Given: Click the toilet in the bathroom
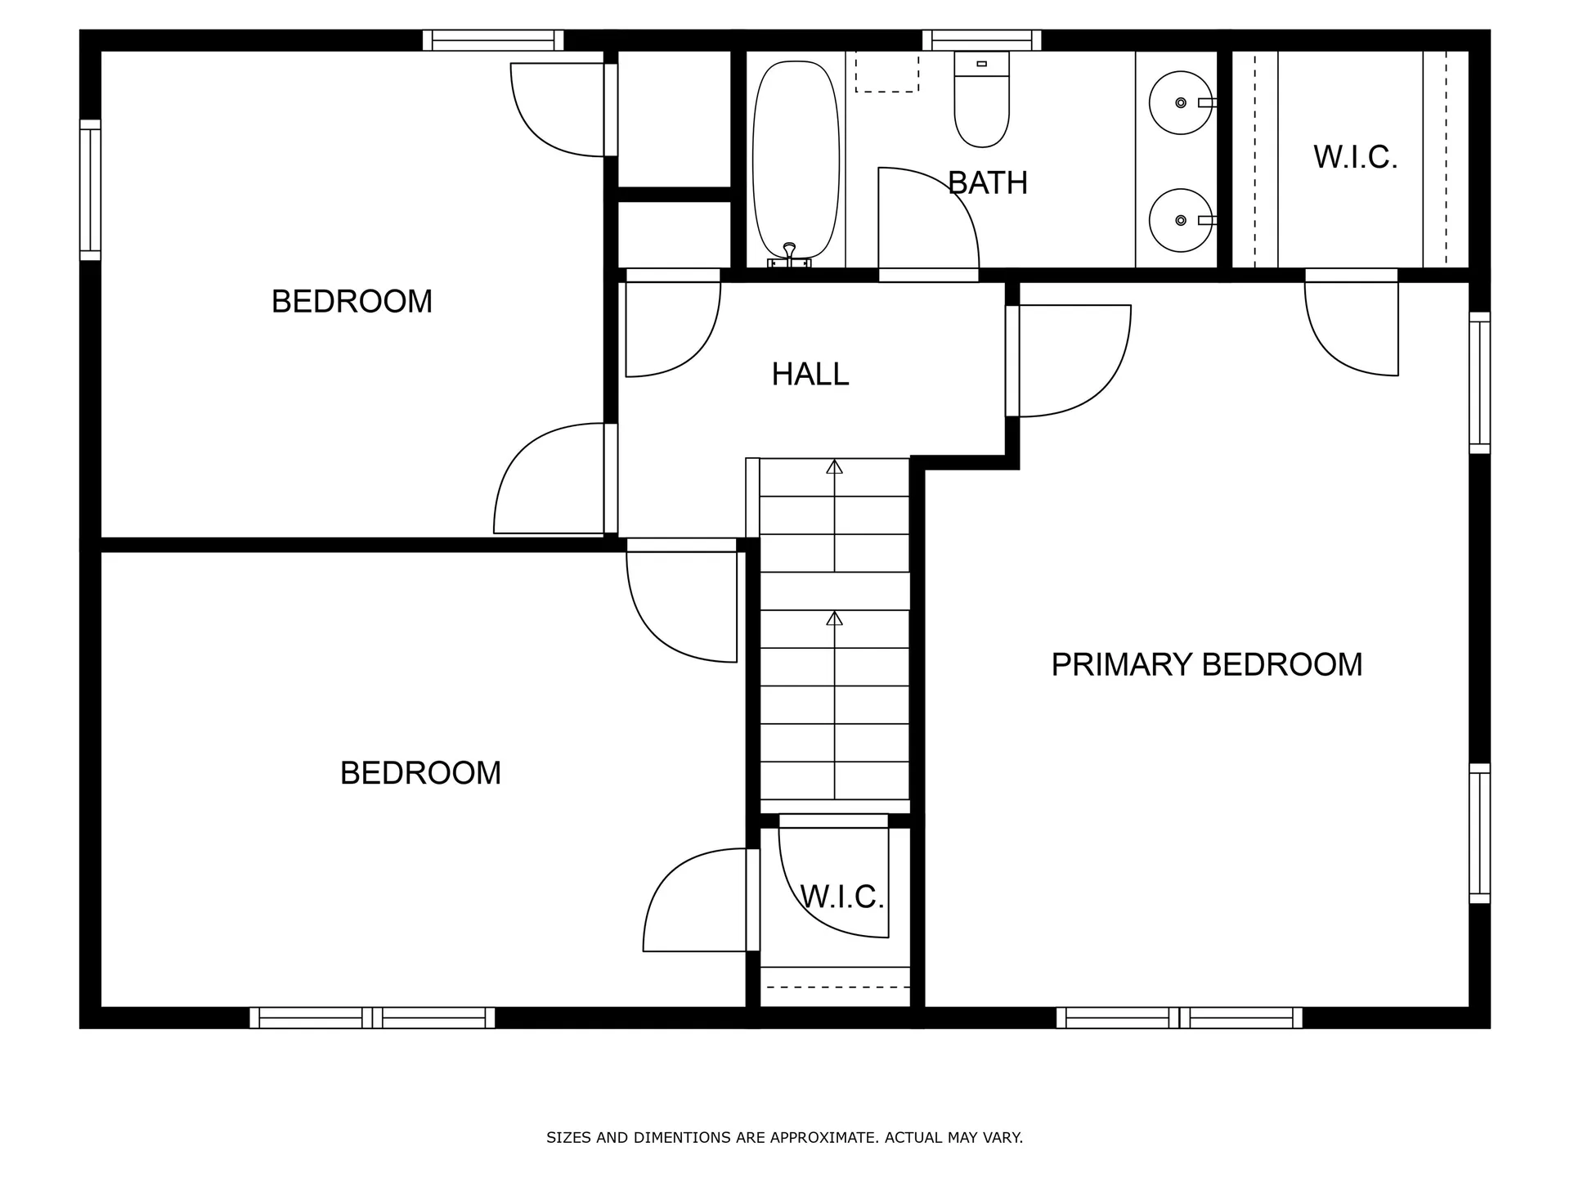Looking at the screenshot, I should point(981,102).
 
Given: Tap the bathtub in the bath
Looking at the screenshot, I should point(796,160).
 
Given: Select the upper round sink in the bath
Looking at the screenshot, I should point(1180,103).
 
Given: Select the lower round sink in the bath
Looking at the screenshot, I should point(1180,221).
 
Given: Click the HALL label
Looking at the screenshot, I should point(810,375).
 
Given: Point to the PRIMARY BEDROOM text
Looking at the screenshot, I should point(1206,664).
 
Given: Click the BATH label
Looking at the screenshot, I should point(988,183).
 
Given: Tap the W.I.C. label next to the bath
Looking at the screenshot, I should point(1355,157).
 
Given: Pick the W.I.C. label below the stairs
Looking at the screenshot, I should point(841,897).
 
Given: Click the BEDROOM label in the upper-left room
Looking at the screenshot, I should point(352,302).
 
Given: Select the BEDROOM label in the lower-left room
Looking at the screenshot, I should point(420,773).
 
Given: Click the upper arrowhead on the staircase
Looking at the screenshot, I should point(834,467).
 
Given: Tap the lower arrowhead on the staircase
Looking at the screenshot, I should point(834,618).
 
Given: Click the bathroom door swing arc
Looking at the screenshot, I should point(949,196).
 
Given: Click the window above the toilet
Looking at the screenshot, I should point(981,40).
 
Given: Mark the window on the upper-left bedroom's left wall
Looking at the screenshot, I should point(90,190).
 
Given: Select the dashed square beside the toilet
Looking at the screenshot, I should point(886,71).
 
